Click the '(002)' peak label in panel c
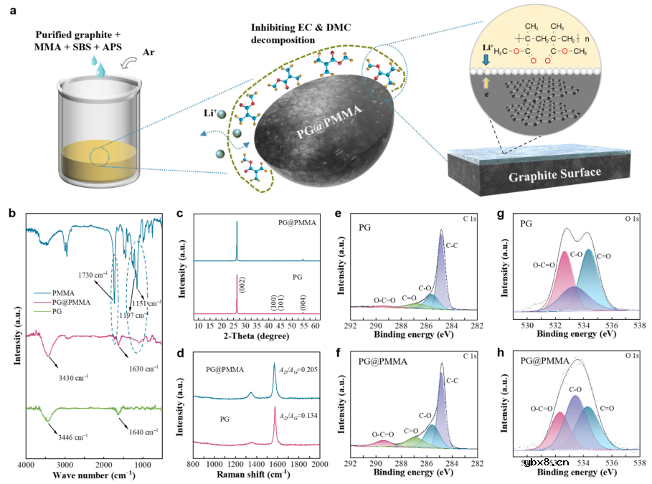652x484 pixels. coord(243,288)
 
